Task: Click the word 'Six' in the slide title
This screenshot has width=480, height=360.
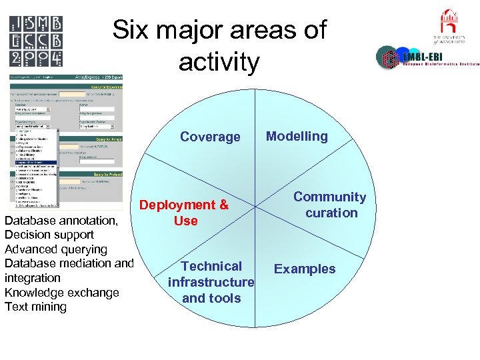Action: point(131,31)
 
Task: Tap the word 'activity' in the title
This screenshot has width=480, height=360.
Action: point(219,63)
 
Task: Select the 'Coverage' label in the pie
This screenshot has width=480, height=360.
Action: point(210,137)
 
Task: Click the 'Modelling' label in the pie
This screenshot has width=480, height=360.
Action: point(297,136)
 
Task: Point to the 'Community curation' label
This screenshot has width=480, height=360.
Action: point(330,205)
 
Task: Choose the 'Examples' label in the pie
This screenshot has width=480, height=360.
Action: point(305,269)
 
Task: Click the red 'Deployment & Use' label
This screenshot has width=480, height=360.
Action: point(184,213)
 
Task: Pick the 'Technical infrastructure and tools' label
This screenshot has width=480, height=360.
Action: point(211,282)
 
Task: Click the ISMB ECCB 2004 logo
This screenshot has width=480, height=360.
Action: point(37,41)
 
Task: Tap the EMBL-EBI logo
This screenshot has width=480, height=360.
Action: point(427,58)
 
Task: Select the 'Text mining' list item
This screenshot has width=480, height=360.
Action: point(35,307)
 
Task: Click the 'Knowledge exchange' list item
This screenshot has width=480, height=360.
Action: point(61,292)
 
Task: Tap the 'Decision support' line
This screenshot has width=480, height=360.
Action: point(49,235)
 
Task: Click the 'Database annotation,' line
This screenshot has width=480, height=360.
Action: point(61,220)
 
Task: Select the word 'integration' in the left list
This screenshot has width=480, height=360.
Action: point(32,277)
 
